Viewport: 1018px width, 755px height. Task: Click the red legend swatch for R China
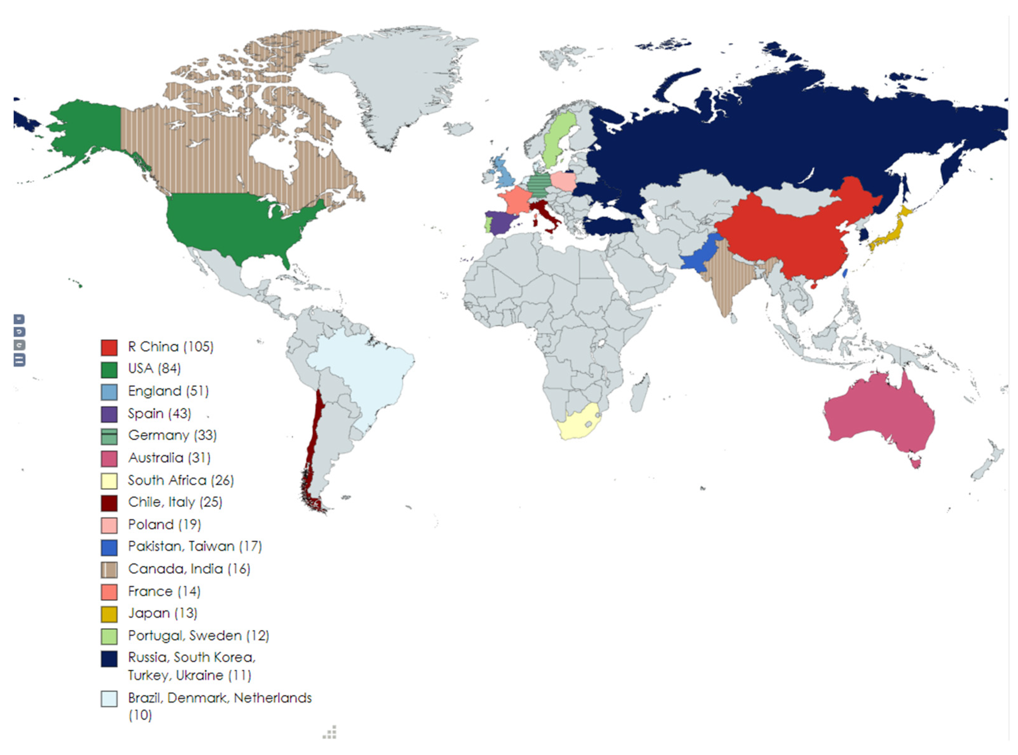(x=109, y=347)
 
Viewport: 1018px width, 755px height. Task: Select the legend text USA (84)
(x=154, y=368)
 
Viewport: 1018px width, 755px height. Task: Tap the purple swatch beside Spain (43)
(x=109, y=414)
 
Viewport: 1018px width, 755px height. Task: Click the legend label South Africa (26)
(x=181, y=480)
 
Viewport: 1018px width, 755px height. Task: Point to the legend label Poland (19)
(x=164, y=525)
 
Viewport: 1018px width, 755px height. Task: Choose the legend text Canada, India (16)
(x=189, y=569)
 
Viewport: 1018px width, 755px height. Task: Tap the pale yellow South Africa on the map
(x=577, y=423)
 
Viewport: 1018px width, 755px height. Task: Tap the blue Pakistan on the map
(x=700, y=256)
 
